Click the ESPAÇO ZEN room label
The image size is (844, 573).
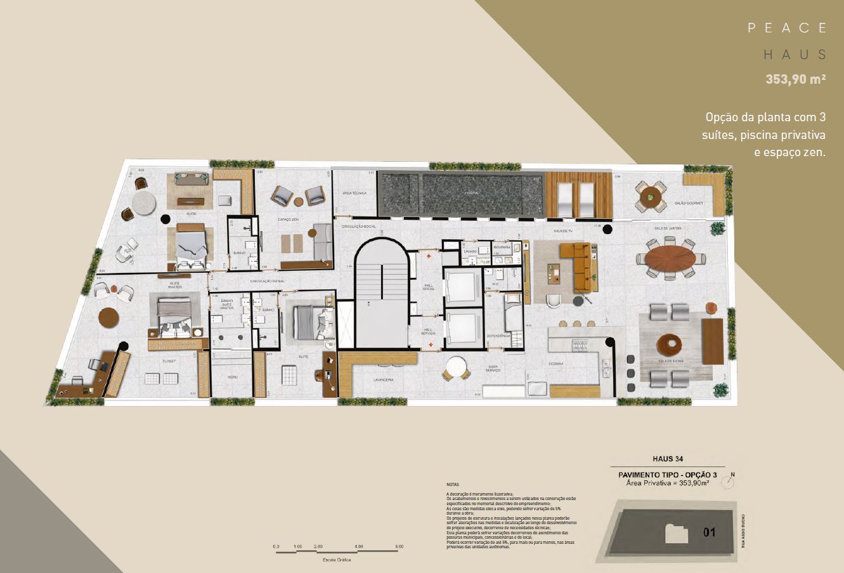click(288, 219)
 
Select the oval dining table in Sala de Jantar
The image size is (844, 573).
click(670, 258)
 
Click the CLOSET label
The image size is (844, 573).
click(169, 360)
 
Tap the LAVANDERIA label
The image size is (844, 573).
click(384, 379)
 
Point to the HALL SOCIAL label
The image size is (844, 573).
click(427, 287)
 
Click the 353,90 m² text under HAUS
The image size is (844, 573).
click(796, 80)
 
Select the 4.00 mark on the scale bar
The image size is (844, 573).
click(359, 546)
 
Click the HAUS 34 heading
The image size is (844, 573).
click(666, 459)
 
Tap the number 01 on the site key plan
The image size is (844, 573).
click(710, 532)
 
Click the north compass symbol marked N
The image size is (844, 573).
click(732, 483)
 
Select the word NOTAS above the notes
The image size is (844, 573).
click(452, 484)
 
